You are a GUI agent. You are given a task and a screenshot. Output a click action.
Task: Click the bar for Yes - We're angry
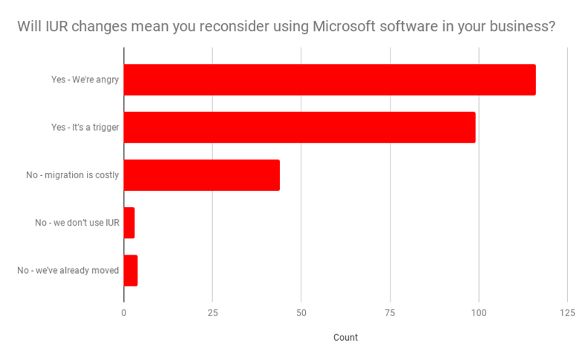pyautogui.click(x=329, y=79)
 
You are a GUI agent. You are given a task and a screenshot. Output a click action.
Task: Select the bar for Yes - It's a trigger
pyautogui.click(x=299, y=127)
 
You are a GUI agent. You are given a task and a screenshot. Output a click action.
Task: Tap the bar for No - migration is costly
pyautogui.click(x=201, y=175)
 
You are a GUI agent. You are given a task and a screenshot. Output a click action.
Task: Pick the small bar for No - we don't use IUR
pyautogui.click(x=129, y=223)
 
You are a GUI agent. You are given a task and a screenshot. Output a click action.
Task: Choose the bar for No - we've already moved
pyautogui.click(x=131, y=270)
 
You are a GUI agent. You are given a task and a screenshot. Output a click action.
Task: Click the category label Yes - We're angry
pyautogui.click(x=85, y=79)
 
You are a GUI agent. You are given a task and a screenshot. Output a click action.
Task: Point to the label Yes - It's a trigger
pyautogui.click(x=85, y=127)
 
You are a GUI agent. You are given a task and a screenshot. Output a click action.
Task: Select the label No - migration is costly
pyautogui.click(x=72, y=175)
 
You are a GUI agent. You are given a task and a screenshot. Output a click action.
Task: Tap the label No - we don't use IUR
pyautogui.click(x=77, y=223)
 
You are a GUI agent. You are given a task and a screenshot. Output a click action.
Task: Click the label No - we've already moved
pyautogui.click(x=68, y=270)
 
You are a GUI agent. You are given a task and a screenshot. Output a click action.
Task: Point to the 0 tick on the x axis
pyautogui.click(x=124, y=313)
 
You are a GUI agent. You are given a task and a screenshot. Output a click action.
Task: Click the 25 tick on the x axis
pyautogui.click(x=212, y=313)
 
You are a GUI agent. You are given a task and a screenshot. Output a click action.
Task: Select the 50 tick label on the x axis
pyautogui.click(x=301, y=313)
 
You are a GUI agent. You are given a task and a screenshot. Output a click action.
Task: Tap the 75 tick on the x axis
pyautogui.click(x=390, y=313)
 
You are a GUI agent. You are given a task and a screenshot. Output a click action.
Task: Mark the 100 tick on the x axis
pyautogui.click(x=478, y=313)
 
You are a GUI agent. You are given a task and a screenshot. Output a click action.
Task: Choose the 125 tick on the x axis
pyautogui.click(x=566, y=313)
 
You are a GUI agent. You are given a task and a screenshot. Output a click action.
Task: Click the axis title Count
pyautogui.click(x=345, y=338)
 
